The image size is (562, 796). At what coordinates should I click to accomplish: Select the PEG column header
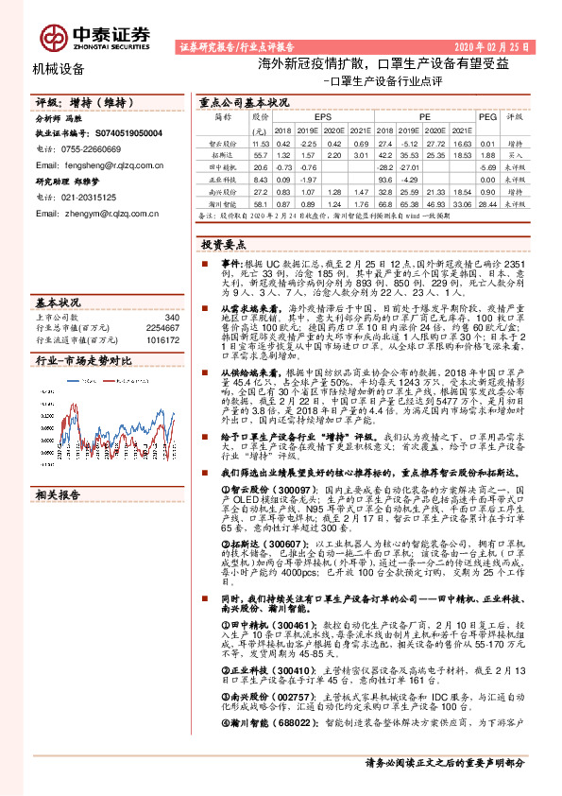click(x=487, y=118)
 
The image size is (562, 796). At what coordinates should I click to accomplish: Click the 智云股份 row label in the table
click(x=222, y=142)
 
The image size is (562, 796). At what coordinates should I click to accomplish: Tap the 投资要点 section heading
click(x=224, y=244)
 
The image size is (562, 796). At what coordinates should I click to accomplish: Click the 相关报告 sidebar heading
click(x=59, y=495)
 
